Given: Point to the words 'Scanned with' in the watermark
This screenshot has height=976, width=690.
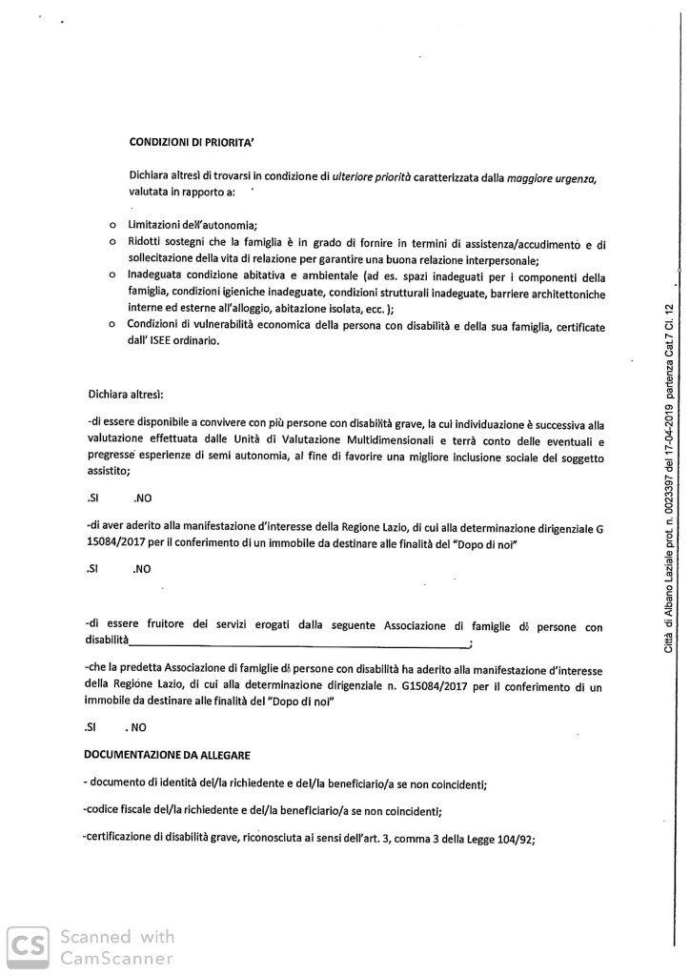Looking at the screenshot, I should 117,936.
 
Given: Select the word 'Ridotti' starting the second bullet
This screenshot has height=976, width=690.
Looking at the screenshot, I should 147,244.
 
